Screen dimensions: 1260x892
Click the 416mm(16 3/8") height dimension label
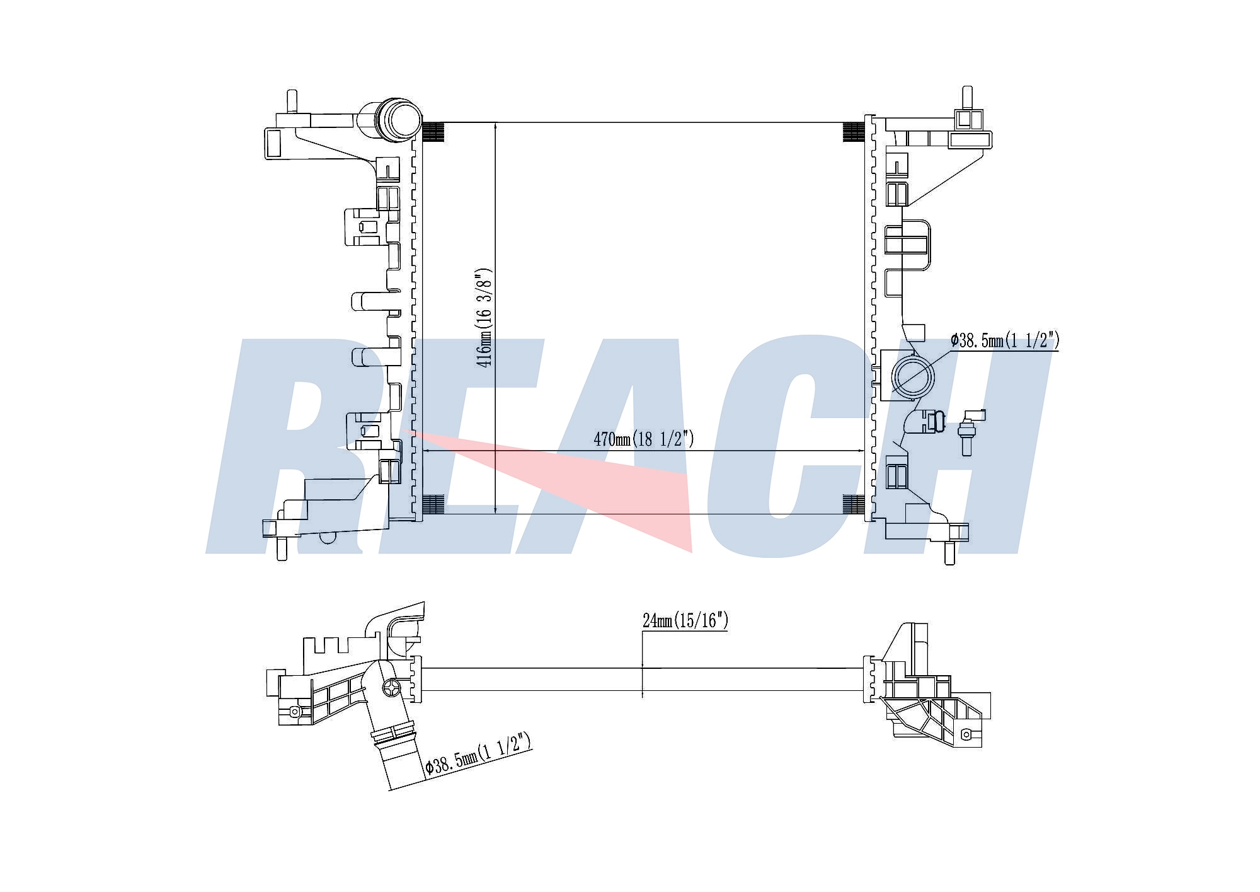pos(484,318)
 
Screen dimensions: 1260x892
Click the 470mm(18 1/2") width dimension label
pos(643,439)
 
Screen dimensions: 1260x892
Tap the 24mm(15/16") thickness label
pos(685,620)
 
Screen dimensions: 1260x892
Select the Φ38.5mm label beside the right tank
pos(1005,340)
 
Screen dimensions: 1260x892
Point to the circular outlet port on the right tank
pos(913,377)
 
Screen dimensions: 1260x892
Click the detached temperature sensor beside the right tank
pos(969,431)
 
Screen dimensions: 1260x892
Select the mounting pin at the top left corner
pos(292,101)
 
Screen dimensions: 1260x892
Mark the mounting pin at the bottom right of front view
pos(950,553)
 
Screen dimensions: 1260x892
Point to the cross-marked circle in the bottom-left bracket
pos(391,688)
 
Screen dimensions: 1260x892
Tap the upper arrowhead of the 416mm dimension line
pos(496,127)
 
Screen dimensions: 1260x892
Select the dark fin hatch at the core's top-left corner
pos(433,131)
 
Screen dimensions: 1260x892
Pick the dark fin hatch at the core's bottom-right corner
pos(854,504)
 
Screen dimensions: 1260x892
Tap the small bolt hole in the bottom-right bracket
pos(966,734)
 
